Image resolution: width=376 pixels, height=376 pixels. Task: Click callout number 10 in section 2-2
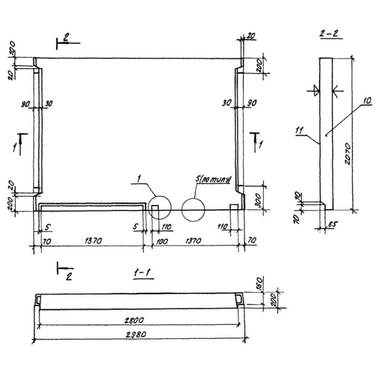[367, 101]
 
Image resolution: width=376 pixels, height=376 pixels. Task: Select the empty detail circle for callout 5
[193, 209]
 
